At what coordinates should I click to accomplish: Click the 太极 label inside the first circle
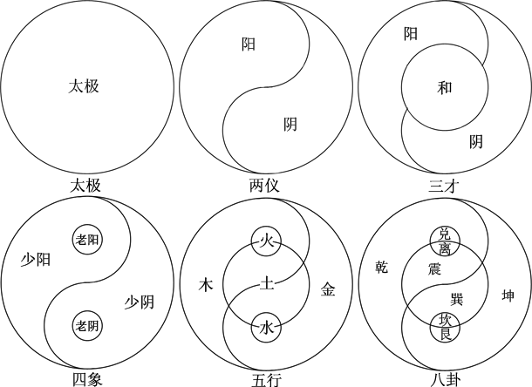[x=85, y=86]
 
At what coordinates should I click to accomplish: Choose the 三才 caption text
[x=444, y=186]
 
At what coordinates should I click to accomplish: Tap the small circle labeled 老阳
[x=86, y=240]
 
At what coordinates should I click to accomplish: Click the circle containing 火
[x=265, y=240]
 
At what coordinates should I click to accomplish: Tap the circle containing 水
[x=265, y=328]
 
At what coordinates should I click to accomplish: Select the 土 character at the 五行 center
[x=265, y=283]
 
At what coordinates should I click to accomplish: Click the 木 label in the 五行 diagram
[x=206, y=284]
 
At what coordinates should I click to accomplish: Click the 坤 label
[x=506, y=295]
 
